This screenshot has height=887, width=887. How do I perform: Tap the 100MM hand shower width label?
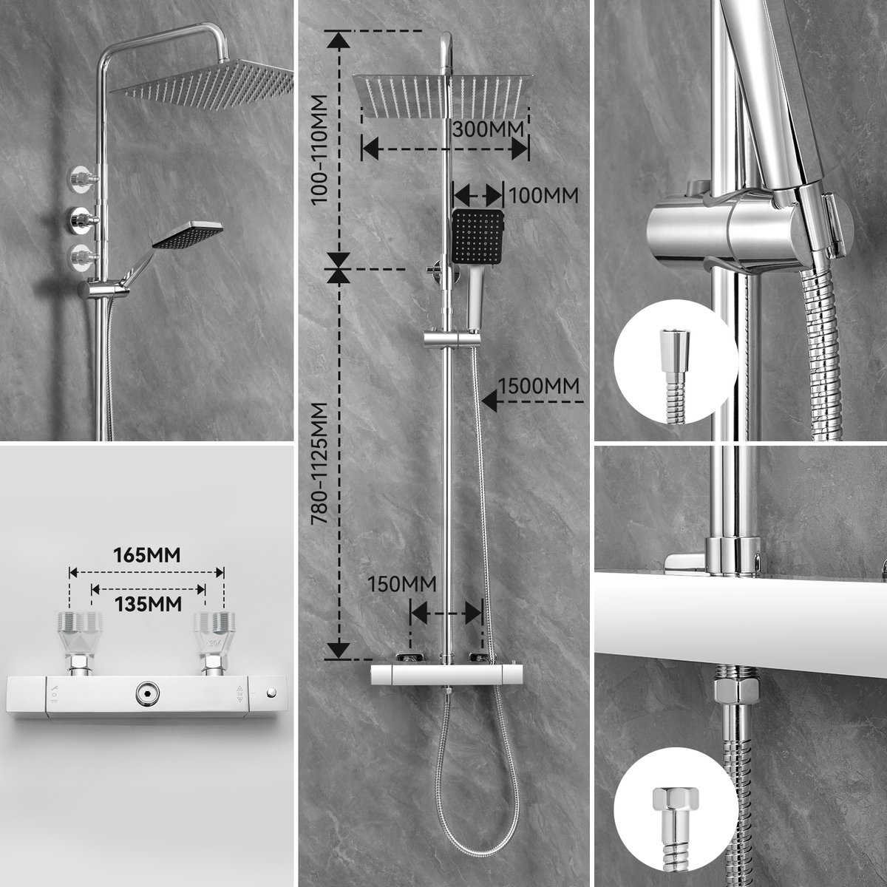point(543,195)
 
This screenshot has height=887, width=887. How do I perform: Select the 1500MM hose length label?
point(538,386)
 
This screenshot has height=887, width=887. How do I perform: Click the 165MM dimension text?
point(146,554)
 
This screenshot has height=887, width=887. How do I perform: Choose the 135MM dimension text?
point(146,603)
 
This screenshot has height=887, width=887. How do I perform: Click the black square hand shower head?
point(478,235)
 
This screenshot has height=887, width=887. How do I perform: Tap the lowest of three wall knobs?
point(81,257)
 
